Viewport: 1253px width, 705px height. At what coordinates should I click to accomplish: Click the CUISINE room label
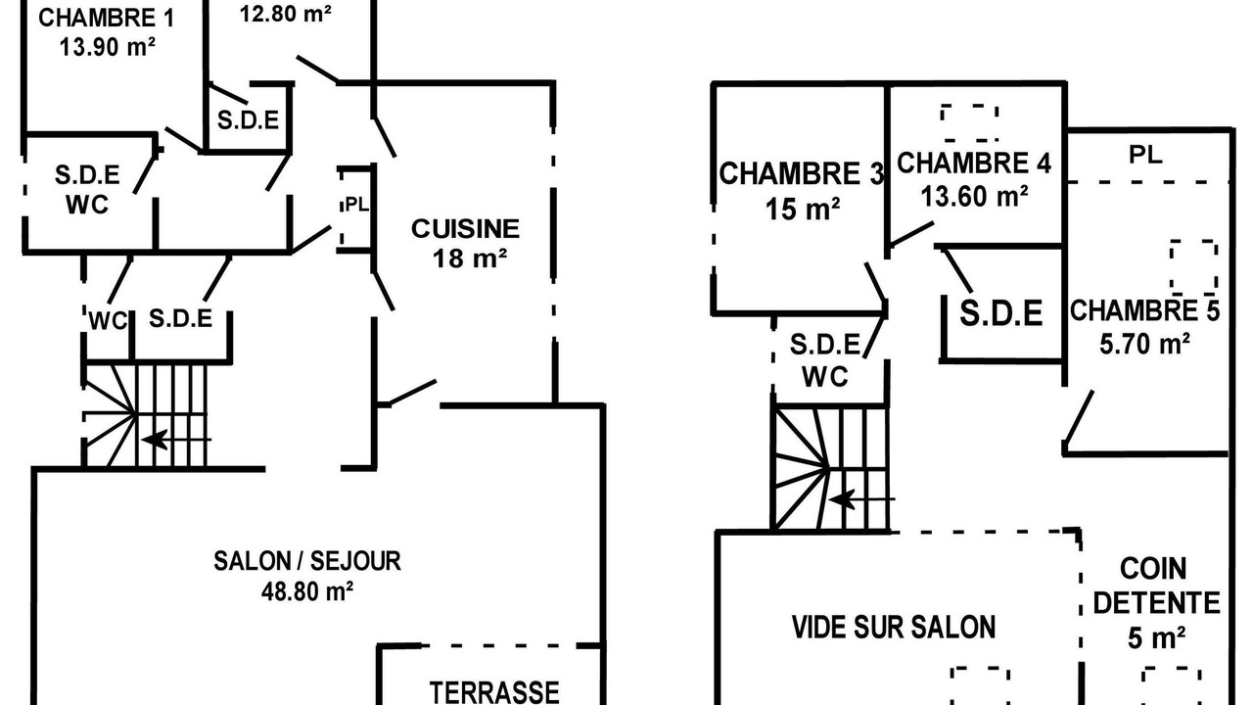point(465,229)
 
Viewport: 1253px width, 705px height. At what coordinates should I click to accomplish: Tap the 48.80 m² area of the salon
point(307,591)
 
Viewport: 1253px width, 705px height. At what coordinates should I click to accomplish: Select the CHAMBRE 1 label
point(107,18)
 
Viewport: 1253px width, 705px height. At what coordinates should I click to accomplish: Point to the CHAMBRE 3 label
point(801,173)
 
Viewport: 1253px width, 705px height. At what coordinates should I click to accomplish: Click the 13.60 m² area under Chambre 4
point(974,197)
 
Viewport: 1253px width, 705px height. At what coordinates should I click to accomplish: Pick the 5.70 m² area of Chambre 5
point(1144,344)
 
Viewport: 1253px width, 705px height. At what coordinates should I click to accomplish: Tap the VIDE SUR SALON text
point(894,628)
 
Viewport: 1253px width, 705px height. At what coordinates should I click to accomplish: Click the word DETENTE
point(1156,603)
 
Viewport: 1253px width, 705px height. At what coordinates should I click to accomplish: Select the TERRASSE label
point(494,692)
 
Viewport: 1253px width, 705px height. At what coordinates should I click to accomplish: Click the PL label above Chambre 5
point(1145,155)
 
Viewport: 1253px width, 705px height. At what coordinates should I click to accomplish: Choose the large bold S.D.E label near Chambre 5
point(1001,313)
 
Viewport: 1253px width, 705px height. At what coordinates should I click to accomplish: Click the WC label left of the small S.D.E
point(109,321)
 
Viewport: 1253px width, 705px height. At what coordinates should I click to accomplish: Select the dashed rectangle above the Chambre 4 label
point(970,122)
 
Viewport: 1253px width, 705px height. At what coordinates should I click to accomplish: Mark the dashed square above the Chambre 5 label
point(1193,267)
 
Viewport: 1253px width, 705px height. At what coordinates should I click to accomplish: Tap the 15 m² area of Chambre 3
point(802,210)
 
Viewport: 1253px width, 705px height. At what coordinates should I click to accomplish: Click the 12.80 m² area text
point(285,14)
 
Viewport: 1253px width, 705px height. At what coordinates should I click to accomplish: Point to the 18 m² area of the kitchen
point(470,258)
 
